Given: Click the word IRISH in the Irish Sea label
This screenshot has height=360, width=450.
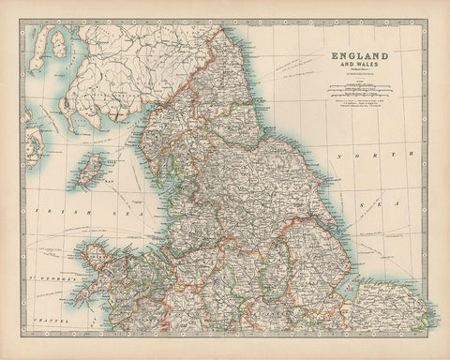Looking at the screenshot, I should [47, 214].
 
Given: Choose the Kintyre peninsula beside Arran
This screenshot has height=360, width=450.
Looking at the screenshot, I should [35, 56].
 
